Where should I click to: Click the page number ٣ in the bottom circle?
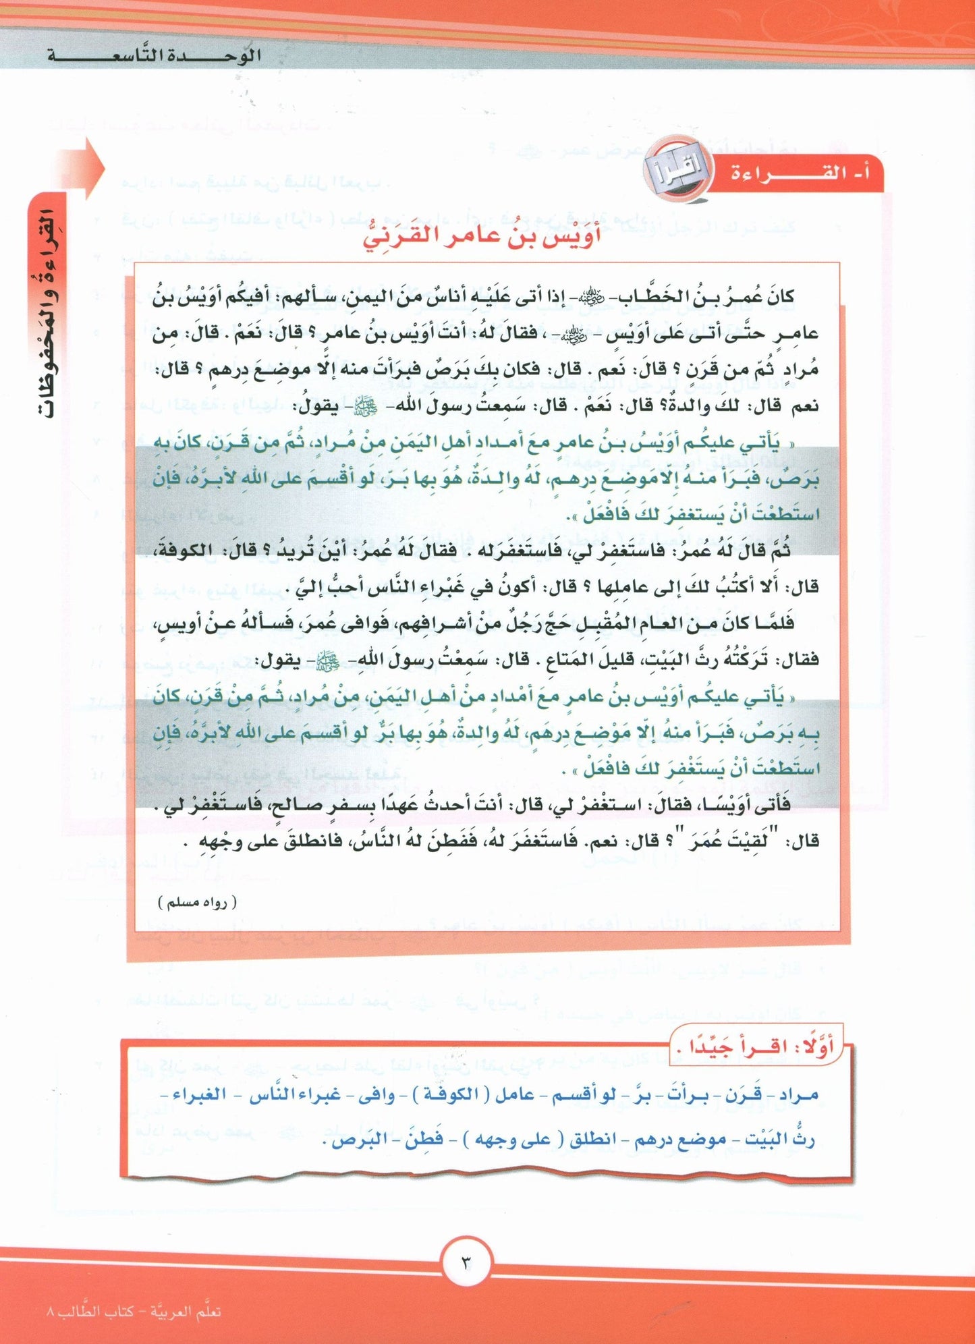point(468,1260)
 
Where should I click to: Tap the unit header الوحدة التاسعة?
point(154,55)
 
